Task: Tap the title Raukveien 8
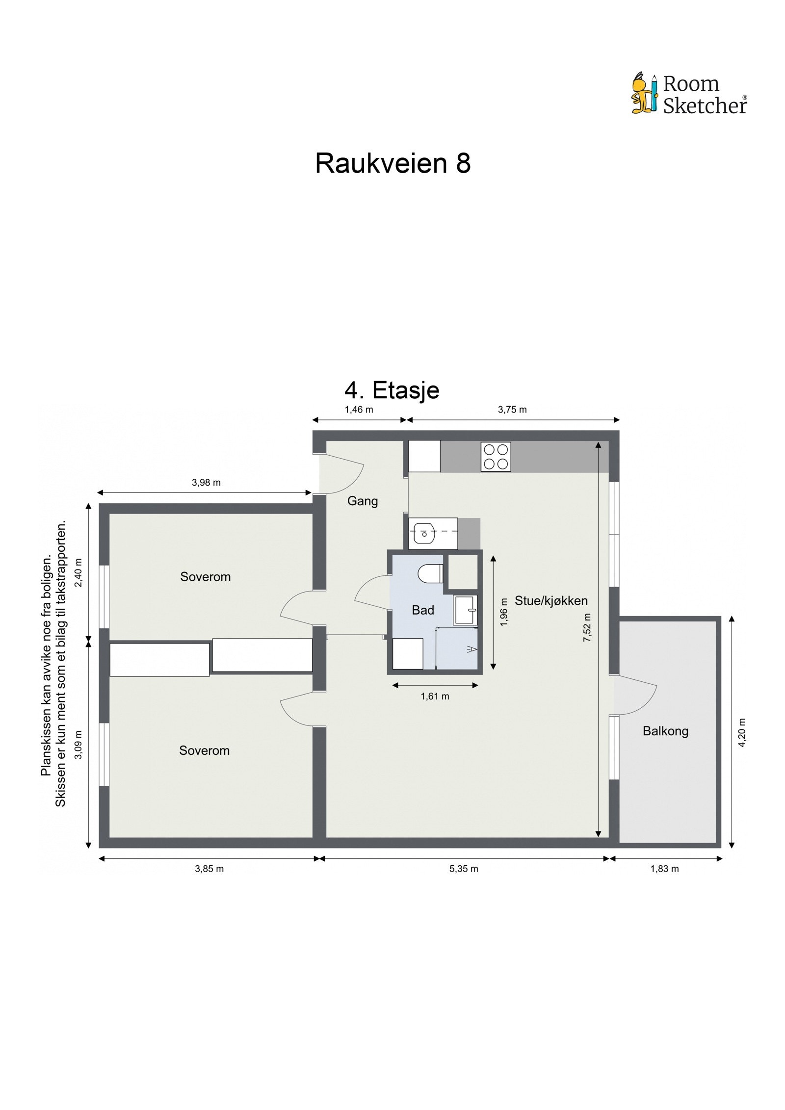tap(392, 163)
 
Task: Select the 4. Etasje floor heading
tap(392, 390)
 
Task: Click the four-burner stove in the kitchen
tap(496, 457)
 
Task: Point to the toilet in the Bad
tap(430, 573)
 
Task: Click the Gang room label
tap(363, 501)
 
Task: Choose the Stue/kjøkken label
tap(551, 601)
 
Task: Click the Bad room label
tap(423, 610)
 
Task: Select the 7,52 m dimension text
tap(587, 628)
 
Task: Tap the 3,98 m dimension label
tap(206, 483)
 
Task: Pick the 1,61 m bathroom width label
tap(435, 697)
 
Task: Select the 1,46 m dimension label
tap(359, 410)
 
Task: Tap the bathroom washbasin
tap(465, 610)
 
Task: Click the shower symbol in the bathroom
tap(472, 649)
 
